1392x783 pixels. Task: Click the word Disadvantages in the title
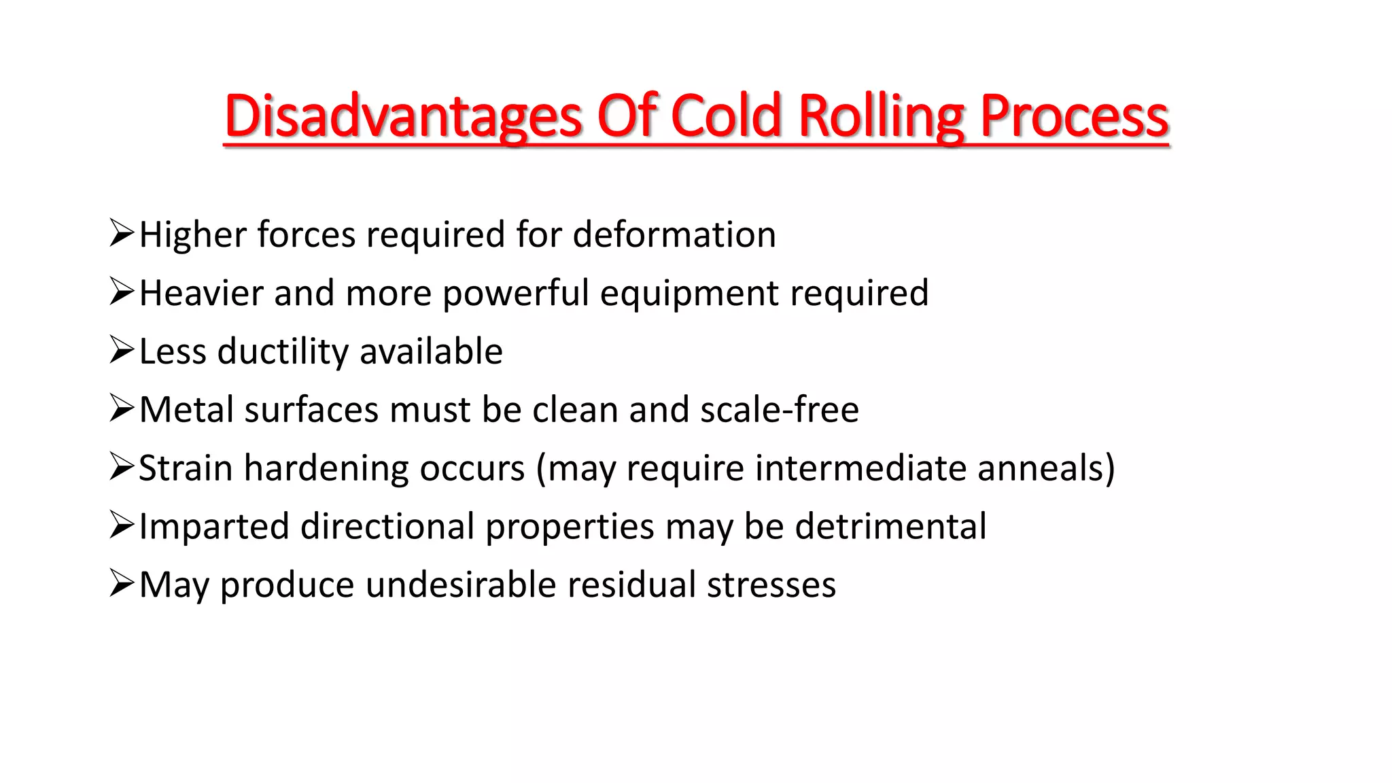(x=403, y=116)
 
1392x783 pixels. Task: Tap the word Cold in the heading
(x=727, y=116)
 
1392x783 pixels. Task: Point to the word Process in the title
(x=1074, y=116)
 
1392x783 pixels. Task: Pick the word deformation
(x=674, y=235)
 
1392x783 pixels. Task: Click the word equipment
(x=689, y=294)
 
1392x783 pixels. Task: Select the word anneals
(x=1041, y=469)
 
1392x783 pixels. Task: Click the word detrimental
(x=890, y=527)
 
